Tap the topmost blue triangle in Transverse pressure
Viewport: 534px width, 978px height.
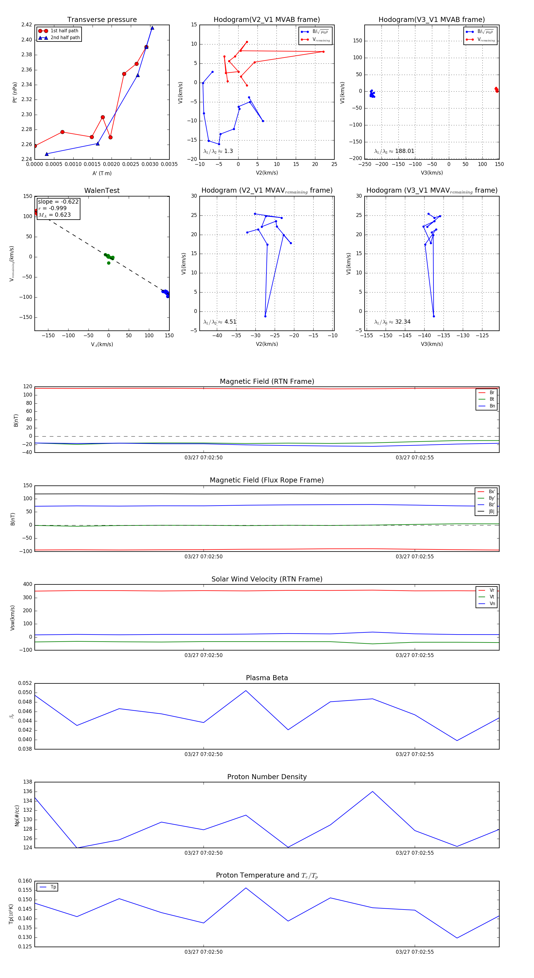click(x=152, y=28)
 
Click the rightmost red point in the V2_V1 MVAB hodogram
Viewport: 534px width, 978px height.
click(x=323, y=52)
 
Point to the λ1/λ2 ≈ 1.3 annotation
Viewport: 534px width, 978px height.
click(x=218, y=151)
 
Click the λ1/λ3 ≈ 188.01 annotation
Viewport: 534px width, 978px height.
click(x=394, y=151)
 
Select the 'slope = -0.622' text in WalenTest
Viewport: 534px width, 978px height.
click(x=58, y=202)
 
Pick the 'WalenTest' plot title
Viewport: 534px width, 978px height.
click(x=102, y=191)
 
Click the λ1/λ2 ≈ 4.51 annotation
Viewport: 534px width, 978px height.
click(x=220, y=322)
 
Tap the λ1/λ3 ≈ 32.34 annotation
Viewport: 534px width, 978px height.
click(x=392, y=322)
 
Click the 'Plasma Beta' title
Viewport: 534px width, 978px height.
click(x=267, y=678)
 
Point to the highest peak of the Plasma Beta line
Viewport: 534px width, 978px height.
click(x=246, y=691)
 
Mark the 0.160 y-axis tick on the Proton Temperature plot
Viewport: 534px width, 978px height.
click(x=25, y=881)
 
